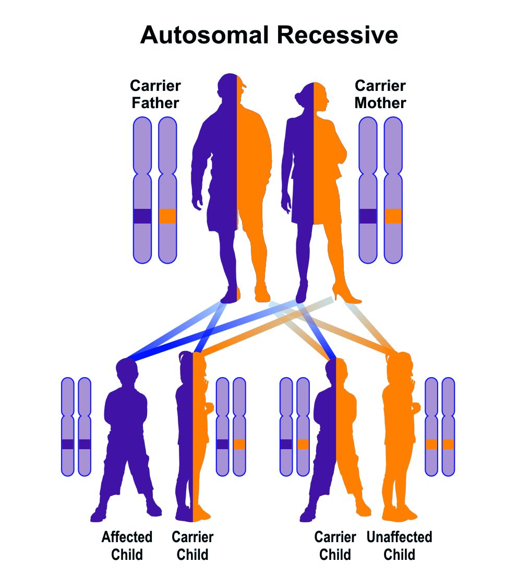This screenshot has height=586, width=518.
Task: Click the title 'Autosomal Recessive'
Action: [x=269, y=36]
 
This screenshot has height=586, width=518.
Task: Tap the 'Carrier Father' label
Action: [x=155, y=94]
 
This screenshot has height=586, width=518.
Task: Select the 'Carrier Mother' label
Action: [x=380, y=94]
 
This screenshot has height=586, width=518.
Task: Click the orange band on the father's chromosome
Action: [x=167, y=216]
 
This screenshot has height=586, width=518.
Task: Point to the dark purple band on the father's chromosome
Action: [x=142, y=216]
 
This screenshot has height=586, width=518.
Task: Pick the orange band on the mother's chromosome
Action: [x=393, y=216]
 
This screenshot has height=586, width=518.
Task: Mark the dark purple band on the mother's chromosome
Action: [x=368, y=216]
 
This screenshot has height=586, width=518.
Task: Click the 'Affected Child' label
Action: [x=127, y=545]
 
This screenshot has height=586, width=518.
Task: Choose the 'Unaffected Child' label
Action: [x=399, y=545]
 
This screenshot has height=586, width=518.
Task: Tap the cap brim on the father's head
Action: [x=243, y=84]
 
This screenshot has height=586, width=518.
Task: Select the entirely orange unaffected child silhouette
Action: [x=399, y=444]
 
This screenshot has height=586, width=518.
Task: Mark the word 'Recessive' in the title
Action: [x=338, y=36]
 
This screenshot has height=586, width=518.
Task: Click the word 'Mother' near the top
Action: [x=380, y=103]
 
